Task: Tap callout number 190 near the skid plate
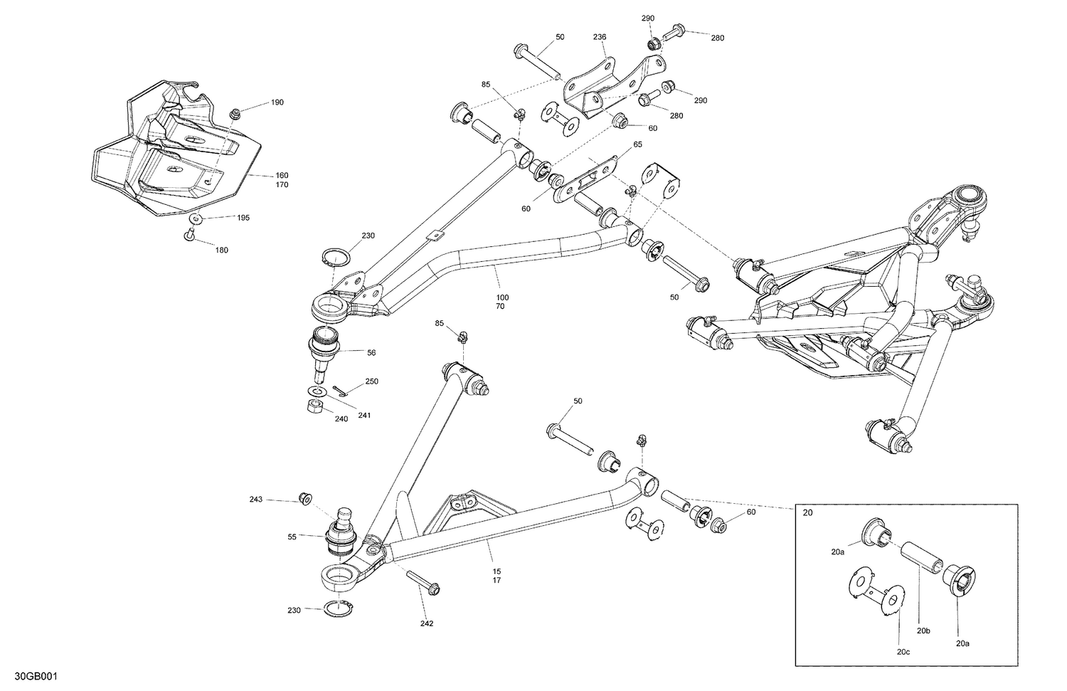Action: point(277,102)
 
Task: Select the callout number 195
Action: point(243,217)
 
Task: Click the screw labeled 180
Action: point(189,236)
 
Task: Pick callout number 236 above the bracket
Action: point(600,37)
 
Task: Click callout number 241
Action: point(364,415)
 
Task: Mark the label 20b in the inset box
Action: point(923,631)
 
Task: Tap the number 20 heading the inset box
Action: point(807,512)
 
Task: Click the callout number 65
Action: point(637,144)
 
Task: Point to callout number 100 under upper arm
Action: point(502,297)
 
